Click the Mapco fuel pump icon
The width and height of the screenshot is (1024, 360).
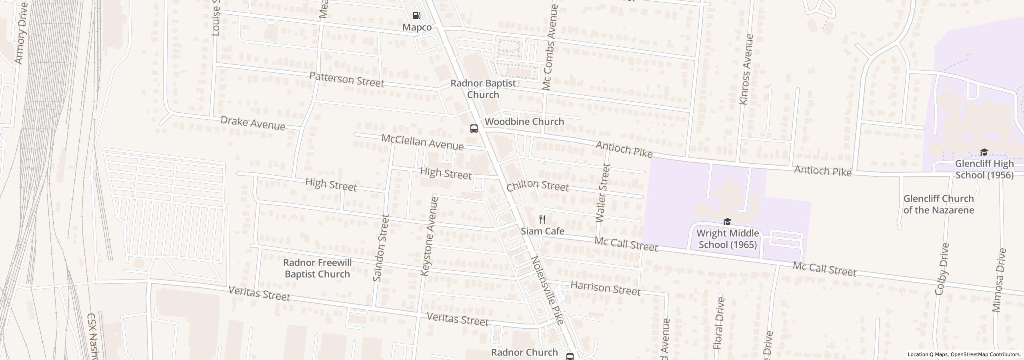point(416,16)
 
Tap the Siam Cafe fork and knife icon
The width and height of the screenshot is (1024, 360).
point(542,220)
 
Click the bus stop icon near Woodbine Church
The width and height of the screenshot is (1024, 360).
point(474,129)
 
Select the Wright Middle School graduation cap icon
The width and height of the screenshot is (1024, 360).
point(727,222)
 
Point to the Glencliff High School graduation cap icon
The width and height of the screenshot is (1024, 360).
point(984,152)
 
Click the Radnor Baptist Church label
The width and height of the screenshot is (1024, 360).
point(483,89)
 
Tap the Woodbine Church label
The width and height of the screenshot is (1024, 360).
point(524,121)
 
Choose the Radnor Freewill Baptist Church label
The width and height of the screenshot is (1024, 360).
point(317,268)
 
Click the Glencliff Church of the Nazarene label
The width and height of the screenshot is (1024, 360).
point(938,204)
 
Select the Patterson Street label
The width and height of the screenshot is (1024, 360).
point(346,80)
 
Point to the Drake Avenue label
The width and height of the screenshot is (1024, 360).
point(253,123)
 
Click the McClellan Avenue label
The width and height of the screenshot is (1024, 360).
point(422,142)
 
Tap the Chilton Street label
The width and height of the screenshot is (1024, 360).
point(537,186)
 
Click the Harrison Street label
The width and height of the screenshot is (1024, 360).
point(605,288)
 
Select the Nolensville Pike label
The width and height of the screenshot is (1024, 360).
point(548,290)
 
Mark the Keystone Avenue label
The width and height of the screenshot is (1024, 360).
point(430,236)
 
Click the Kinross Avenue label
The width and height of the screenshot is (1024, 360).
point(746,70)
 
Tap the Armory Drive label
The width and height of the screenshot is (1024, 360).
point(21,33)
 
